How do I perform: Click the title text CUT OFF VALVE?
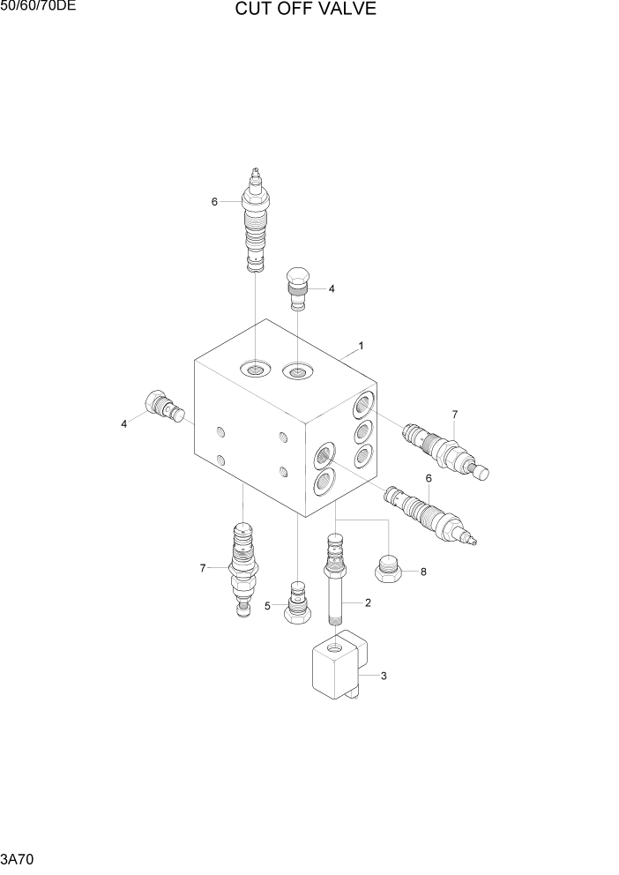click(305, 10)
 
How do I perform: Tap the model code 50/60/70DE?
click(38, 8)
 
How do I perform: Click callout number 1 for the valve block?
click(361, 345)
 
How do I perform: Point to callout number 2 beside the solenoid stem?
click(367, 602)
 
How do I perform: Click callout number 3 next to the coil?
click(384, 677)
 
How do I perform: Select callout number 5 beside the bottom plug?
click(268, 605)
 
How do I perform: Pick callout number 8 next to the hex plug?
click(423, 572)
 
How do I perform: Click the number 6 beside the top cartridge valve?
click(214, 202)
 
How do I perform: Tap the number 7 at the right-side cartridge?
click(455, 414)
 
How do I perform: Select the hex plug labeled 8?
click(390, 569)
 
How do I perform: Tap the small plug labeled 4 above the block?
click(299, 287)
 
